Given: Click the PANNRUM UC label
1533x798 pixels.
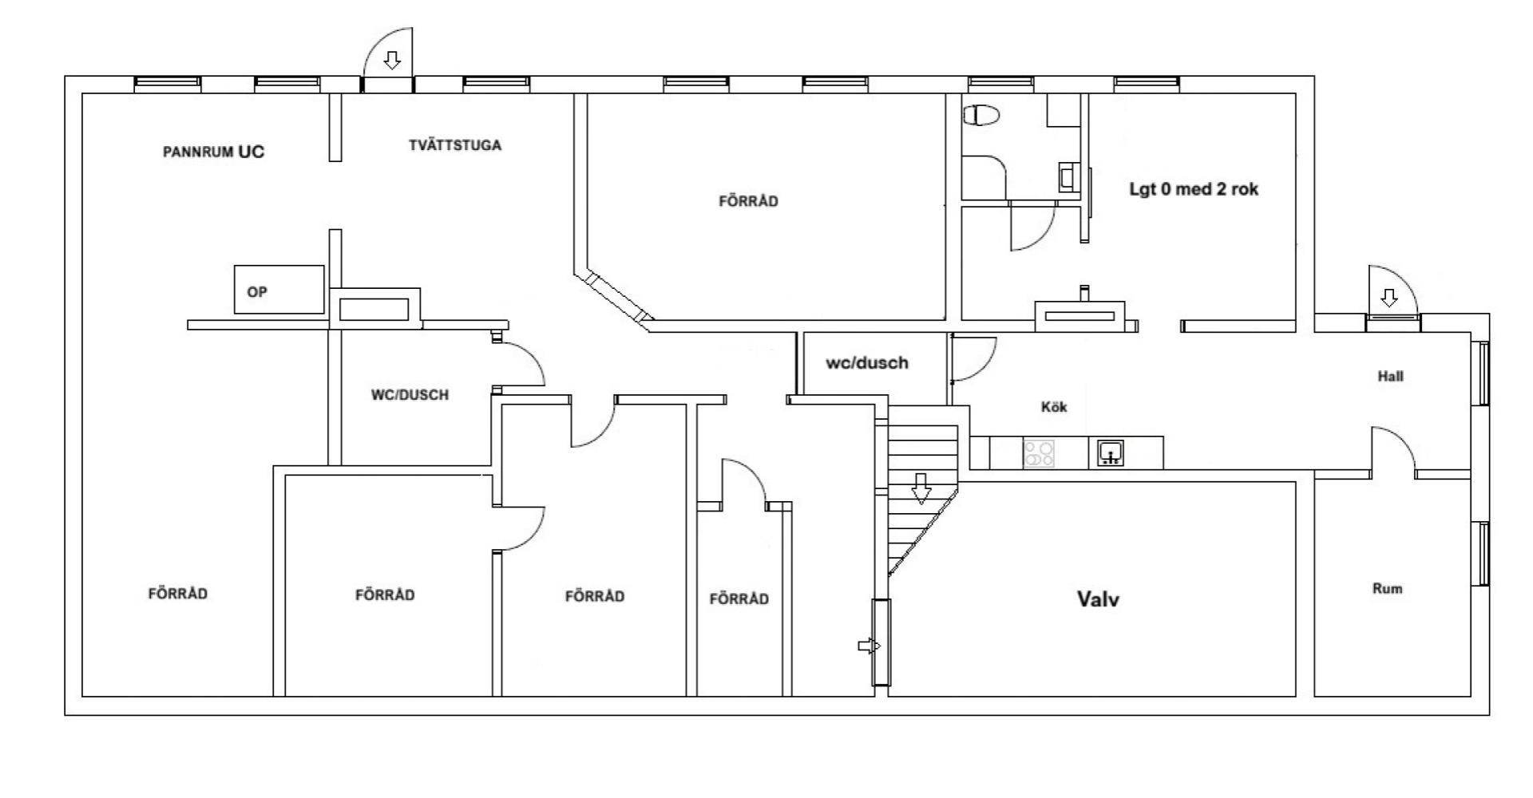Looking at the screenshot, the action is click(213, 152).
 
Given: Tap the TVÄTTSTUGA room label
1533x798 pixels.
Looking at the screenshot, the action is click(455, 145).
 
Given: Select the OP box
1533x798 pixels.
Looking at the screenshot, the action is click(279, 290).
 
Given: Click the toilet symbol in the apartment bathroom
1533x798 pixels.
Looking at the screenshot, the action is click(981, 116).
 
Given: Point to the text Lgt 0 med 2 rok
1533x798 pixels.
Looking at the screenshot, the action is click(1194, 190).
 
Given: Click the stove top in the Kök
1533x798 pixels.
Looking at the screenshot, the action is click(1039, 454).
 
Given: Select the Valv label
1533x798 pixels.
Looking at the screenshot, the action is click(1098, 599).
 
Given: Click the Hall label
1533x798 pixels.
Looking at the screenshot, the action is click(1390, 377).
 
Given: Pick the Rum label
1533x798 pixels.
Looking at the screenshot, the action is click(1387, 589).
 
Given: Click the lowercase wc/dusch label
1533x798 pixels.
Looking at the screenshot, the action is click(866, 363).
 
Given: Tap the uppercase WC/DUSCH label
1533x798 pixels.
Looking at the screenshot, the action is click(410, 395).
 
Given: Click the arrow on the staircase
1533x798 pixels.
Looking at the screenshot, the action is click(921, 488).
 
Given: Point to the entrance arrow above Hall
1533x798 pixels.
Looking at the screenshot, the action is click(1389, 298).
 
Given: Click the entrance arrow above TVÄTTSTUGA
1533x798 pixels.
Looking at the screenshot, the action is click(391, 60).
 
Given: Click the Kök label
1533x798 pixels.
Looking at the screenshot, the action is click(1054, 407).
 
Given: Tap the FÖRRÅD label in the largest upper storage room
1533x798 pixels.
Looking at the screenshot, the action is click(748, 201).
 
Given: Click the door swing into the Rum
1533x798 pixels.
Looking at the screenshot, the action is click(1393, 452).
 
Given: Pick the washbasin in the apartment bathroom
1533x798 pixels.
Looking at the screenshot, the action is click(1067, 176).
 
